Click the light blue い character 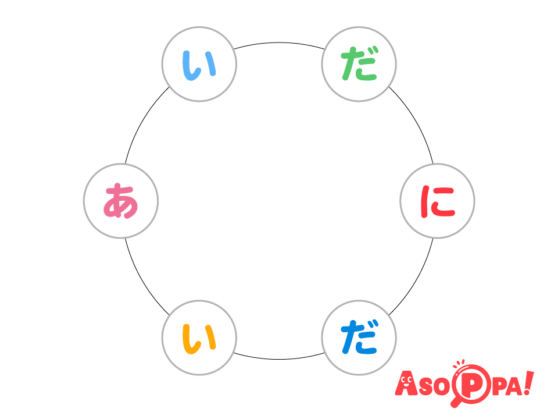click(199, 65)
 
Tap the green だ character click(359, 64)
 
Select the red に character click(438, 201)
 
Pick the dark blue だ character click(359, 337)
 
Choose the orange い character click(199, 339)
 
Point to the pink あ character click(121, 201)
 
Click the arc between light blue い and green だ click(279, 42)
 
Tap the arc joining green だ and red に click(416, 122)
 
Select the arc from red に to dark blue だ click(416, 280)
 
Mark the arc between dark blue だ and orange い click(279, 359)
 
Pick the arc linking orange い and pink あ click(142, 280)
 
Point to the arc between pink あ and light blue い click(142, 122)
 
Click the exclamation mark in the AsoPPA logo click(528, 383)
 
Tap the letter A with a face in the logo click(406, 384)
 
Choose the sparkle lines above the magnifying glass click(459, 363)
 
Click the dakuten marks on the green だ click(371, 51)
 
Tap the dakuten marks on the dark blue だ click(371, 324)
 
